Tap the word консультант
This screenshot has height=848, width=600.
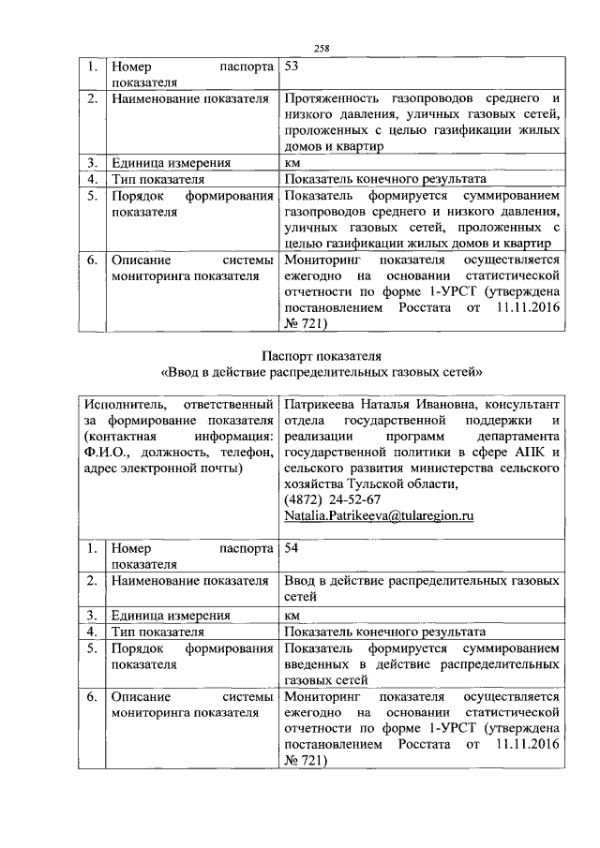(x=528, y=405)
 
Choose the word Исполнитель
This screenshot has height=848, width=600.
(x=118, y=405)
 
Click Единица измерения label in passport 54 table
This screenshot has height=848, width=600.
(x=170, y=615)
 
